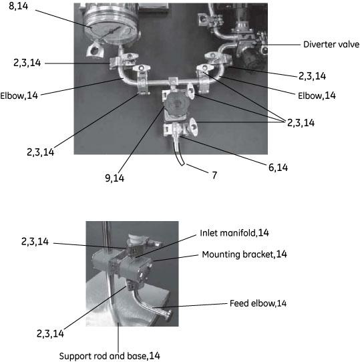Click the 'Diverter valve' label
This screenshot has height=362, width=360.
click(x=331, y=44)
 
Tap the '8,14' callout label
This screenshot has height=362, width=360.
click(x=18, y=6)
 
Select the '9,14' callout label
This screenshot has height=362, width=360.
click(x=114, y=178)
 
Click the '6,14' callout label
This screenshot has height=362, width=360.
click(x=278, y=168)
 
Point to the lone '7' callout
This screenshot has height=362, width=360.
click(x=214, y=175)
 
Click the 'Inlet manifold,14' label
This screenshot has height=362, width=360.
click(x=234, y=233)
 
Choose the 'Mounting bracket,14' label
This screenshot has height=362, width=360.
click(x=244, y=254)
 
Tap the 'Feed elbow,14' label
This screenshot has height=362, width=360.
click(x=258, y=303)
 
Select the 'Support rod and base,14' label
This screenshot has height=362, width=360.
click(x=110, y=356)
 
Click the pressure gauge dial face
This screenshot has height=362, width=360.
click(x=110, y=31)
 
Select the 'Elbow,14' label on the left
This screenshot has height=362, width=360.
click(x=19, y=96)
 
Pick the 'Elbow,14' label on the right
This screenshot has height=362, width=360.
click(x=317, y=96)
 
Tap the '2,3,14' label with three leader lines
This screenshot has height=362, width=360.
click(x=301, y=123)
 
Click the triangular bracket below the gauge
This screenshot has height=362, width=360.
click(x=94, y=49)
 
